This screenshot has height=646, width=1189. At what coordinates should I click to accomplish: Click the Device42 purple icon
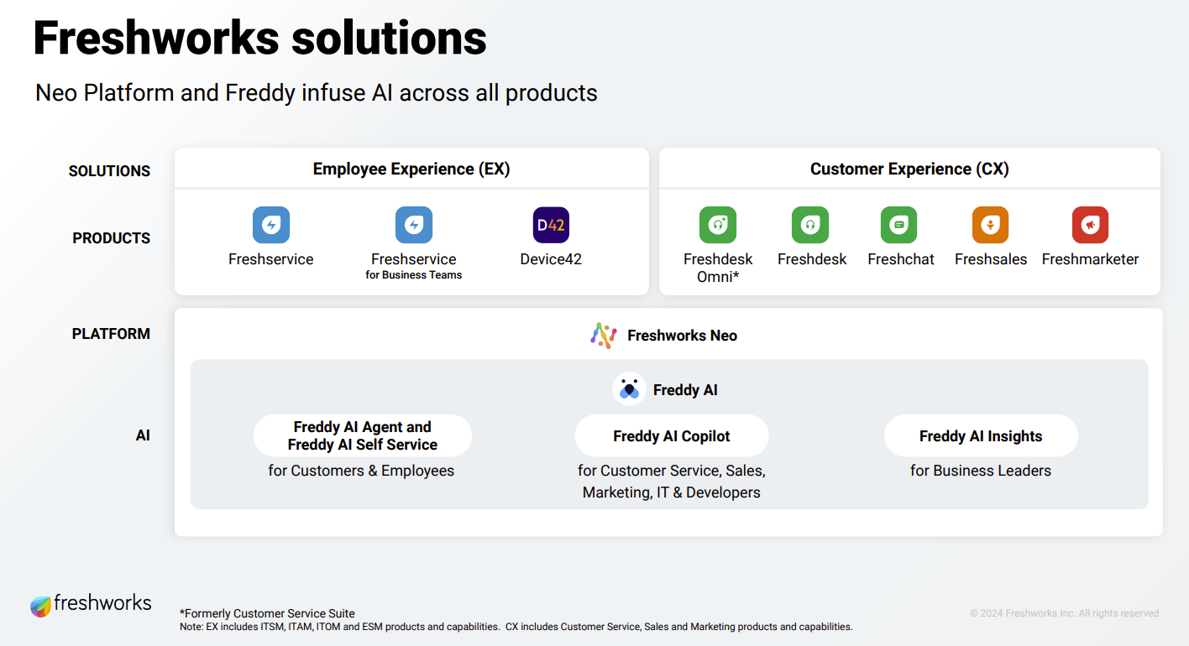[551, 225]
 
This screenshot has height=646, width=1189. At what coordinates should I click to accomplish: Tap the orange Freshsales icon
[990, 225]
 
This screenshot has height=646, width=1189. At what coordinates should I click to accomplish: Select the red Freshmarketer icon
[1090, 225]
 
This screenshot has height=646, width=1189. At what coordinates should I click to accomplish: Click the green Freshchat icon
[898, 225]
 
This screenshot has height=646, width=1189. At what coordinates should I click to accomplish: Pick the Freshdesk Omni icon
[718, 225]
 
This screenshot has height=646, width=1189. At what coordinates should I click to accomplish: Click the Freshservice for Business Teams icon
[413, 225]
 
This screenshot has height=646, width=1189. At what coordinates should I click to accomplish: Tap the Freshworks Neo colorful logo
[604, 336]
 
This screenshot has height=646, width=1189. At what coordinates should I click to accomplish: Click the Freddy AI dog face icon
[629, 389]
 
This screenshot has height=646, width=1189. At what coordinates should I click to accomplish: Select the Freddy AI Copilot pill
[672, 436]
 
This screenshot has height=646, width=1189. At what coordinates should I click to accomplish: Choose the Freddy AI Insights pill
[981, 436]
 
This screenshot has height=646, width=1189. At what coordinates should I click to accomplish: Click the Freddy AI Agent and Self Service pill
[363, 436]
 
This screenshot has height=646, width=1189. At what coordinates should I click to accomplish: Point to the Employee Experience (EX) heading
[411, 169]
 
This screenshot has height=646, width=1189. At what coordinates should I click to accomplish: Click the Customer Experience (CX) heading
[909, 169]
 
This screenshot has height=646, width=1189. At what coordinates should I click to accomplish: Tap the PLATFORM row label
[111, 334]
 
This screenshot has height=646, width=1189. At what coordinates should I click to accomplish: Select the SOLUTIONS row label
[109, 171]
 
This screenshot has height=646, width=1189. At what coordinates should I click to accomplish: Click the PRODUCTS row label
[112, 238]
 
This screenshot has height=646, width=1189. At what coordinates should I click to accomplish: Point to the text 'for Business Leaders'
[981, 471]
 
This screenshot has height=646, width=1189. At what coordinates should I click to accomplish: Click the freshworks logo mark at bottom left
[40, 607]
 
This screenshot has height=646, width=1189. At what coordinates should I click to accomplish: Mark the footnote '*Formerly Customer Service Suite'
[267, 613]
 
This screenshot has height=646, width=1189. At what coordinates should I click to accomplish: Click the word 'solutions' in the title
[389, 39]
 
